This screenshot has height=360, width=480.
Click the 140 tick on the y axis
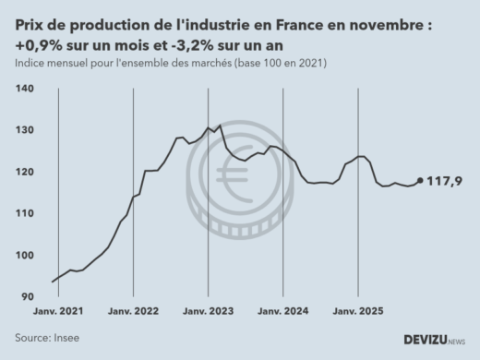[x=25, y=88]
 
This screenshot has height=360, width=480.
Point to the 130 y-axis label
[x=25, y=130]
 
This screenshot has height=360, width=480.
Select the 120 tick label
[x=25, y=172]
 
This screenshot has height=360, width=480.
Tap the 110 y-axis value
[x=25, y=213]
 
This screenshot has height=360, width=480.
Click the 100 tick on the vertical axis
[x=25, y=255]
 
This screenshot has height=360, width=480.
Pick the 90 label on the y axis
[x=27, y=296]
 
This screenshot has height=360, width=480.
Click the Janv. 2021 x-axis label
[x=59, y=311]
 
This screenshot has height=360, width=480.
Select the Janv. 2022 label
[x=135, y=311]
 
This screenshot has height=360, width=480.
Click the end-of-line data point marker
[x=420, y=181]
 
